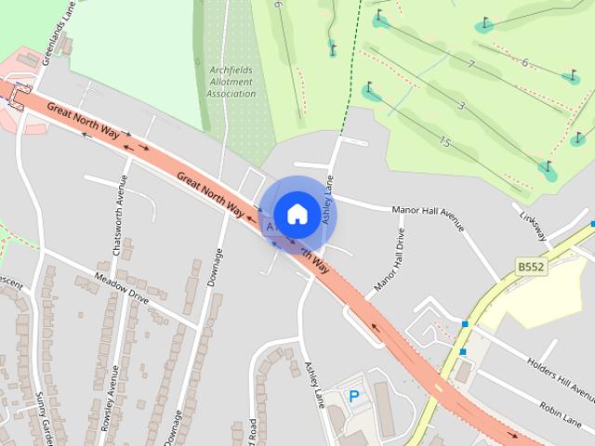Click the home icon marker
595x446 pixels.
297,215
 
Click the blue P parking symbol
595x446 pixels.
354,397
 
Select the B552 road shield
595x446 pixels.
531,268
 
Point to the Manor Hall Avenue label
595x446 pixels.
427,215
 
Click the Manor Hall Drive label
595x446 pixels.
390,261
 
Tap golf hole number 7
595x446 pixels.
471,65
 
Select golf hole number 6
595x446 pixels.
524,63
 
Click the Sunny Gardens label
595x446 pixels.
43,417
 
